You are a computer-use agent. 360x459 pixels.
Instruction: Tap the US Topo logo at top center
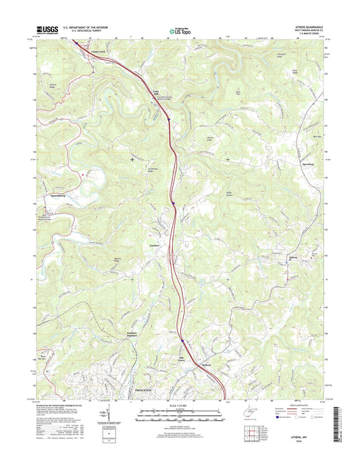(180, 30)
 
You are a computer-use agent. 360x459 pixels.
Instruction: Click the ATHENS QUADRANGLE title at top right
(306, 28)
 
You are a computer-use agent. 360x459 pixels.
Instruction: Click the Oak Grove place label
(181, 358)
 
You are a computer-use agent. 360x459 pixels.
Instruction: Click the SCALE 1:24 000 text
(179, 406)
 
